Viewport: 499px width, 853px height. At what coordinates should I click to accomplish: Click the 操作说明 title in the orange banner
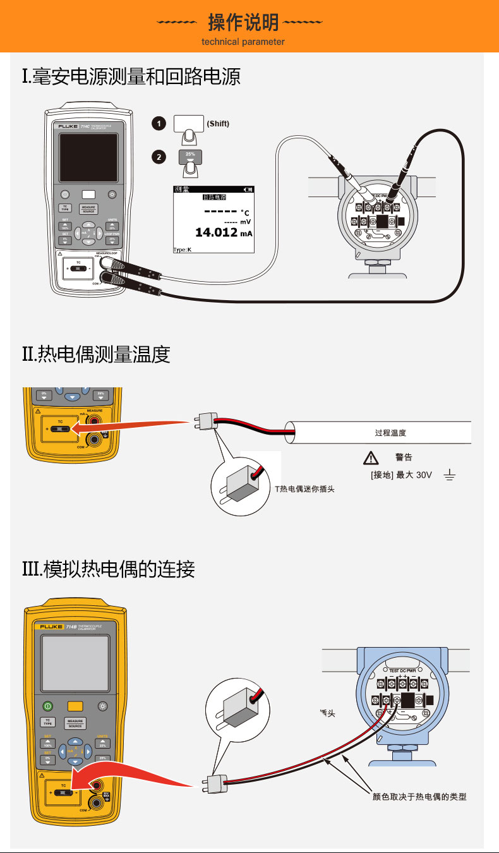(243, 23)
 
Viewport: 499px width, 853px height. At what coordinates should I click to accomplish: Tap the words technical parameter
(243, 42)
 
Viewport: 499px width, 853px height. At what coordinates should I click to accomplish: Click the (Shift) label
(218, 124)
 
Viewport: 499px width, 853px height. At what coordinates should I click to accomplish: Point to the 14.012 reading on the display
(216, 233)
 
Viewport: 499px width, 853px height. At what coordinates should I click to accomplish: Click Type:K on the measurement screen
(182, 250)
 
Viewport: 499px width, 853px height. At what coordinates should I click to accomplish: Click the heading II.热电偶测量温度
(96, 354)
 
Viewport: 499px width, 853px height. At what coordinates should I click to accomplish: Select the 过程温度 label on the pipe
(390, 433)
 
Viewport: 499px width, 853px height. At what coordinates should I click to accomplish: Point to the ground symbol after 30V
(450, 474)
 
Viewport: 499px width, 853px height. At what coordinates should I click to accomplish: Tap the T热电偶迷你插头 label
(304, 488)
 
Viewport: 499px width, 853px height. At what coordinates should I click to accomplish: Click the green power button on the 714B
(48, 706)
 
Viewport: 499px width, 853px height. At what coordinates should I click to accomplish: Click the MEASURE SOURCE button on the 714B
(76, 723)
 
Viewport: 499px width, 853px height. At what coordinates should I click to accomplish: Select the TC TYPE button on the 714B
(47, 722)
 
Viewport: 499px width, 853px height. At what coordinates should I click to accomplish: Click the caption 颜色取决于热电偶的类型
(419, 797)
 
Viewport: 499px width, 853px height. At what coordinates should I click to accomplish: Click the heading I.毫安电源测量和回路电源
(131, 78)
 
